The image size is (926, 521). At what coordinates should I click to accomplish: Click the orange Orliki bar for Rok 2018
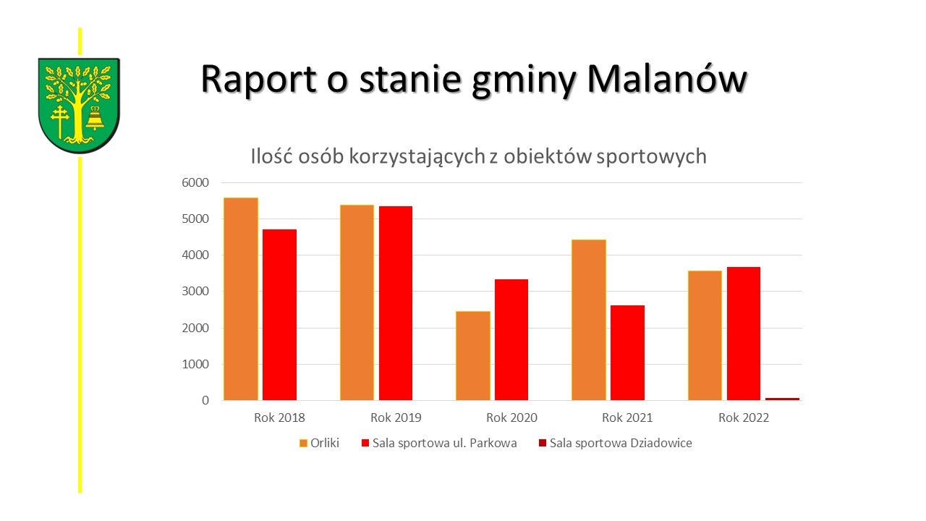click(241, 299)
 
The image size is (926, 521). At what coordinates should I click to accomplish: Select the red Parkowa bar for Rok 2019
click(396, 303)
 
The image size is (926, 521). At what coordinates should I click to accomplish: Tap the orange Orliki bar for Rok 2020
click(473, 355)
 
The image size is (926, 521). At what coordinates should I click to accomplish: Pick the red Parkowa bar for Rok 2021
click(627, 352)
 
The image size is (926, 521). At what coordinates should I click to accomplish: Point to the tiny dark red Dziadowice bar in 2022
click(782, 399)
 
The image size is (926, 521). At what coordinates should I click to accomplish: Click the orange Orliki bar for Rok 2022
click(705, 335)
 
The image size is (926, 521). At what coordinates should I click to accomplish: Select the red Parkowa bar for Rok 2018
click(279, 315)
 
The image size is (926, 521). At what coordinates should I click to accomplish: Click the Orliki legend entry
click(319, 443)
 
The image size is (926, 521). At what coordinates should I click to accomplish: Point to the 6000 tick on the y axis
click(195, 183)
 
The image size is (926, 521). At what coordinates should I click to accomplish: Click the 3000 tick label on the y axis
click(195, 292)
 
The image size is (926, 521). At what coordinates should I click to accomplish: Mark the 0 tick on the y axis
click(205, 400)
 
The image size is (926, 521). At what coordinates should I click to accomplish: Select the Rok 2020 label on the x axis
click(511, 418)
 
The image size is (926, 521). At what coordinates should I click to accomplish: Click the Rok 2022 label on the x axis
click(744, 418)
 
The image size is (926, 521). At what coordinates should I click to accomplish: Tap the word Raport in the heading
click(260, 80)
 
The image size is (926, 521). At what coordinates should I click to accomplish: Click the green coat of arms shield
click(79, 105)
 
